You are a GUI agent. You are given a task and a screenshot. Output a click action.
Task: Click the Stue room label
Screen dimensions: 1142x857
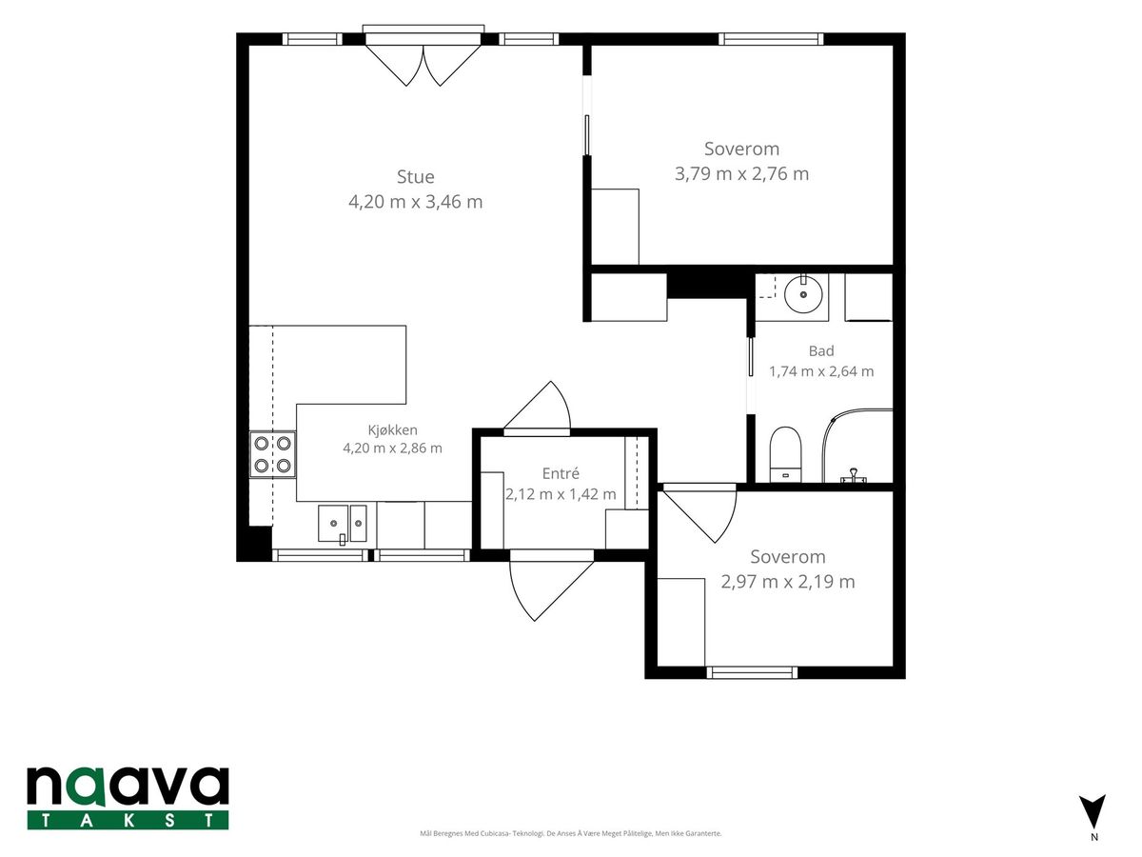pyautogui.click(x=415, y=177)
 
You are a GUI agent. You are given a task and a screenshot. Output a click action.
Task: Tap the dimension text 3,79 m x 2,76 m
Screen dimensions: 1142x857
pyautogui.click(x=741, y=174)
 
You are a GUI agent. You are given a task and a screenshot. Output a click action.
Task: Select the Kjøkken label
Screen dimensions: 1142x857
pyautogui.click(x=393, y=430)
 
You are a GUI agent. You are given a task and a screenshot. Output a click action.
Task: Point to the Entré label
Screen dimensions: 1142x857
pyautogui.click(x=561, y=473)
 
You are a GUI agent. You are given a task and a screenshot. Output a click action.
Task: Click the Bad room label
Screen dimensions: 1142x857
pyautogui.click(x=821, y=350)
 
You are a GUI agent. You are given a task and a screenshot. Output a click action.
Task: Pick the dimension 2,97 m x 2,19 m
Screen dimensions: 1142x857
pyautogui.click(x=788, y=582)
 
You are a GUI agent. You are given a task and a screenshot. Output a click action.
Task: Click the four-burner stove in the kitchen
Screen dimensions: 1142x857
pyautogui.click(x=272, y=454)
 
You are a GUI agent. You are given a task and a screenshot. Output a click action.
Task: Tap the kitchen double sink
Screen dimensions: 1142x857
pyautogui.click(x=343, y=524)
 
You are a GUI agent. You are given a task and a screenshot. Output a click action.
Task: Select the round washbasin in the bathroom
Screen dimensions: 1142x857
pyautogui.click(x=803, y=294)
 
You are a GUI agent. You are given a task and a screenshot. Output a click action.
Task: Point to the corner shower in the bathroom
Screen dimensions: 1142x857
pyautogui.click(x=857, y=446)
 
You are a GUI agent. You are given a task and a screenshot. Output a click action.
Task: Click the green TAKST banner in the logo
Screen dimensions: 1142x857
pyautogui.click(x=128, y=820)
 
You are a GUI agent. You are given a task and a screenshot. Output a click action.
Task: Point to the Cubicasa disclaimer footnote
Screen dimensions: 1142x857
pyautogui.click(x=571, y=833)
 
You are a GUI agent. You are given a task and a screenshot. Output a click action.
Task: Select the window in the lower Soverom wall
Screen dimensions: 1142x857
pyautogui.click(x=752, y=673)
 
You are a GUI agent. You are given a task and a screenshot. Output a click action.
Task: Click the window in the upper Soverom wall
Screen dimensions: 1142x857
pyautogui.click(x=772, y=39)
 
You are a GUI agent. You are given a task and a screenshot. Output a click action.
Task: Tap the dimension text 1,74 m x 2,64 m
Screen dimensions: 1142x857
pyautogui.click(x=821, y=371)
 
